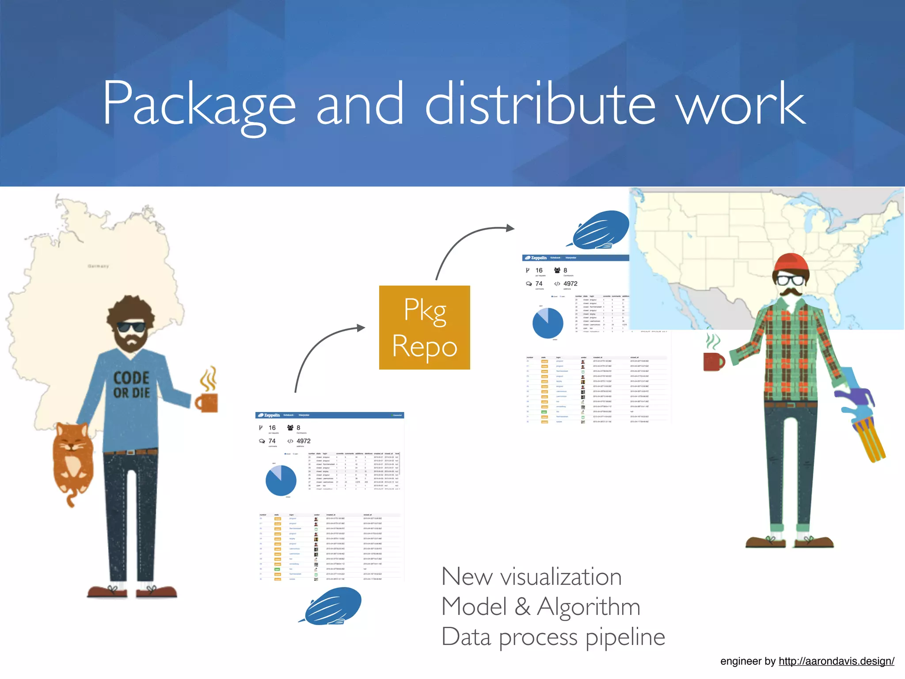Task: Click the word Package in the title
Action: tap(199, 105)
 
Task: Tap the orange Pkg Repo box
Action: tap(424, 328)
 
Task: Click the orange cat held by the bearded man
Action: tap(73, 460)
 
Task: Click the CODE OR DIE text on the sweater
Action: tap(131, 385)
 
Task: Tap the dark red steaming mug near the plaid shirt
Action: tap(713, 361)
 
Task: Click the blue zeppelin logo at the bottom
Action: tap(331, 606)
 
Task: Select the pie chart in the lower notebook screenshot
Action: tap(281, 480)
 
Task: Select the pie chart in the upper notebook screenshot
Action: tap(548, 323)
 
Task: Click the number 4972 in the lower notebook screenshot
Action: tap(303, 441)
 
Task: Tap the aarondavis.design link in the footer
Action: tap(836, 661)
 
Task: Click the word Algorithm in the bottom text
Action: tap(588, 607)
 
